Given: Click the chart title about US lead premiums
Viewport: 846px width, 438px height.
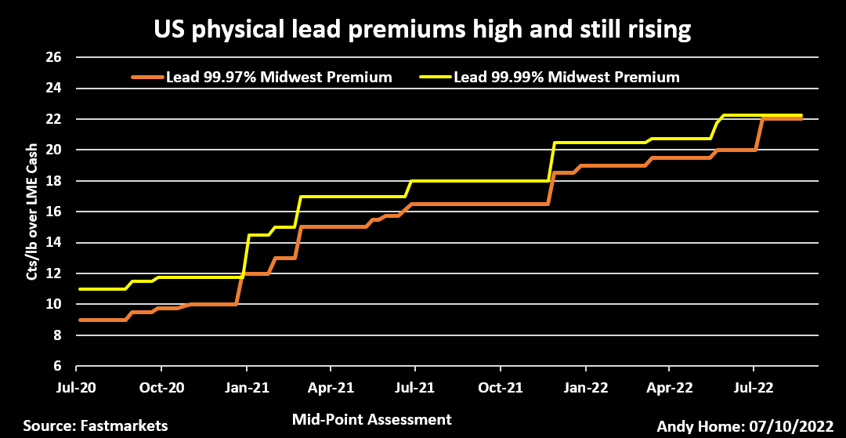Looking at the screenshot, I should [x=422, y=30].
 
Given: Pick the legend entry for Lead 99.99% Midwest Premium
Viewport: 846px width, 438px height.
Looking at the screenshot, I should [x=566, y=78].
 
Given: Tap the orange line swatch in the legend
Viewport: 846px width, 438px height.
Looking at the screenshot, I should [x=147, y=78].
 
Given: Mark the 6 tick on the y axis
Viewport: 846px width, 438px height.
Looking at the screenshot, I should [x=57, y=366].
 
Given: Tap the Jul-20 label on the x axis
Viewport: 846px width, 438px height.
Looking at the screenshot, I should [x=76, y=387].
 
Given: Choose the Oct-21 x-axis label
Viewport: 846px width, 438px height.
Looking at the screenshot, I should [x=500, y=387].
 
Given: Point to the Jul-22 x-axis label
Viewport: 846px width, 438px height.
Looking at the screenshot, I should [x=754, y=387].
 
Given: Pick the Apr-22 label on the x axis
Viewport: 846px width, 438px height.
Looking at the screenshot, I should [x=669, y=387].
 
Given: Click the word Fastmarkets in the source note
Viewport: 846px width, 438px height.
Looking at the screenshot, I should [x=125, y=425].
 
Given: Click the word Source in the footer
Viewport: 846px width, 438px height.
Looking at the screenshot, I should [x=49, y=425].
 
